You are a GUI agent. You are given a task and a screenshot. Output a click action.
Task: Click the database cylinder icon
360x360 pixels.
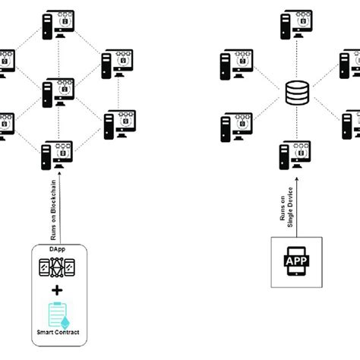294,95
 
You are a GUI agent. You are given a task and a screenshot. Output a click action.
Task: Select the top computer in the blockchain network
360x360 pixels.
58,25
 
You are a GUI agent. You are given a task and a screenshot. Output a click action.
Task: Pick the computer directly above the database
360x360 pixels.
294,25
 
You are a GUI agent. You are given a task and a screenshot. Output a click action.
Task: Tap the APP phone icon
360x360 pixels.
295,261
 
